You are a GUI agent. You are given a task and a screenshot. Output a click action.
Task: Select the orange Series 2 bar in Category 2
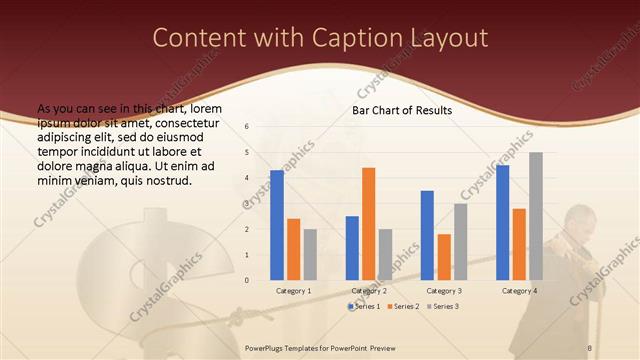(368, 223)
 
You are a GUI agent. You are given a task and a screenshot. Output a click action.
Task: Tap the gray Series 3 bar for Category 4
(536, 216)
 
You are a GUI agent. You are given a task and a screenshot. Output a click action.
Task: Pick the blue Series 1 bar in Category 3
(427, 235)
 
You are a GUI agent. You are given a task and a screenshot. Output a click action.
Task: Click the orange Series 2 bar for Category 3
(444, 257)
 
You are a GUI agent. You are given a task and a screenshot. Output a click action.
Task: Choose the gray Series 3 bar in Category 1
(310, 254)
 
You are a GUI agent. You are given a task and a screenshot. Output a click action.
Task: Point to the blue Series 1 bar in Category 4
(502, 222)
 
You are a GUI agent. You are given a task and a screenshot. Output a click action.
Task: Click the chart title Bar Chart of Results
(401, 110)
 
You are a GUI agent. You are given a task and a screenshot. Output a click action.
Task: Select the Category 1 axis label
(293, 290)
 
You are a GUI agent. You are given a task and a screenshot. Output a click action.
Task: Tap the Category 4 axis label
(519, 290)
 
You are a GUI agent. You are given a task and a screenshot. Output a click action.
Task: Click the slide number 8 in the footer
(590, 346)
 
